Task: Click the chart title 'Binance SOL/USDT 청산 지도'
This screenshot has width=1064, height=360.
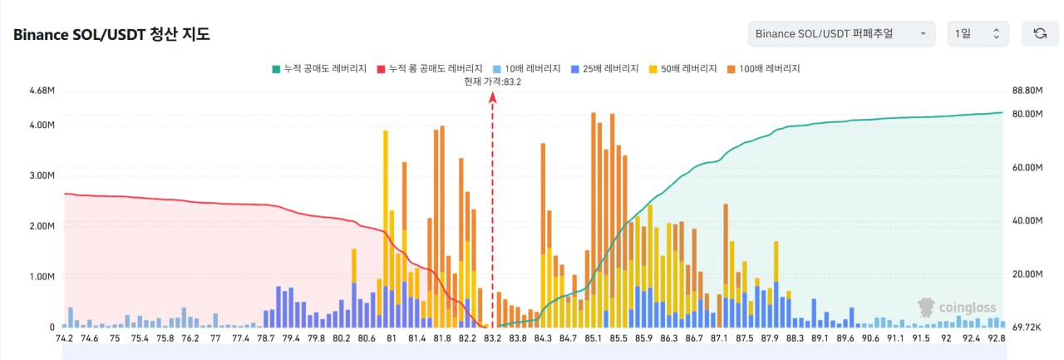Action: coord(111,35)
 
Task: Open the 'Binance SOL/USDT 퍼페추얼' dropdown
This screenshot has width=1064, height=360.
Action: coord(840,33)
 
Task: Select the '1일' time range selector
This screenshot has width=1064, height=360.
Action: coord(978,33)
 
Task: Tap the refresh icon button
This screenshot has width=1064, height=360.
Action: coord(1039,33)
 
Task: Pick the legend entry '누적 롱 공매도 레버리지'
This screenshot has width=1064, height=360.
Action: coord(430,68)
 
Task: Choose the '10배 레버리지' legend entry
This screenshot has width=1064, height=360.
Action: coord(526,68)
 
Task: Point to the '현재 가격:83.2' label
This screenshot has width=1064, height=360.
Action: coord(493,81)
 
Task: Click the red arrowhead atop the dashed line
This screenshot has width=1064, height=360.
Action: coord(493,97)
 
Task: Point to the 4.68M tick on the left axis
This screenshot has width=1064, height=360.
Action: coord(42,90)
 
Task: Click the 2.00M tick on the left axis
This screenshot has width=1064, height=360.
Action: coord(42,226)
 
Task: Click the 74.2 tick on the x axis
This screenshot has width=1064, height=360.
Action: coord(65,338)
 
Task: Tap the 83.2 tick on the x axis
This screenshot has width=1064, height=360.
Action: coord(493,338)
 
